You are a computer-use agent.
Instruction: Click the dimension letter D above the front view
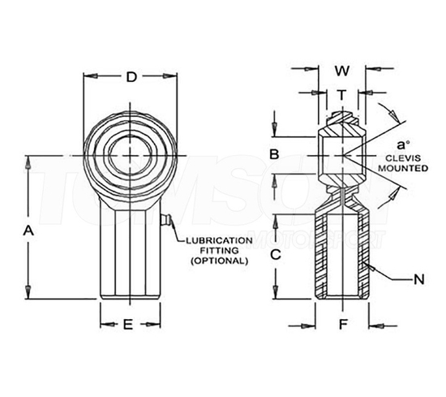130,78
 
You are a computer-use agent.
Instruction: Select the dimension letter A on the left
28,231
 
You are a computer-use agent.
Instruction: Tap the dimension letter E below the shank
127,326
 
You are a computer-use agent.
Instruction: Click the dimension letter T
341,94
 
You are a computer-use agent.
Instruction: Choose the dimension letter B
275,154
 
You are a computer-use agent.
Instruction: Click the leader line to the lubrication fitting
178,234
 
